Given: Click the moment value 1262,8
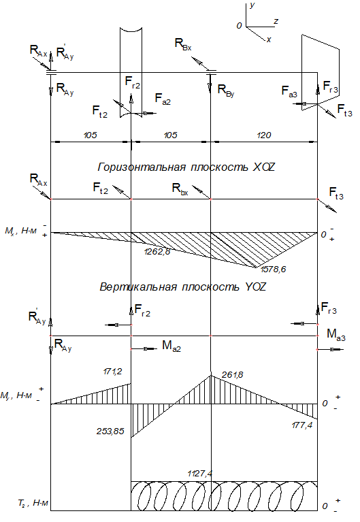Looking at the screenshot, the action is tap(157, 252).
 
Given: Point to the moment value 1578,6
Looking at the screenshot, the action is tap(273, 270).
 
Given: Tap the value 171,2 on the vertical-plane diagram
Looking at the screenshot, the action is tap(112, 372).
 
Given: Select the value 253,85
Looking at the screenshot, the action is tap(110, 431).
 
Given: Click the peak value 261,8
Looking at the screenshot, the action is tap(233, 375).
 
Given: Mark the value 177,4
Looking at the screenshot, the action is tap(302, 425).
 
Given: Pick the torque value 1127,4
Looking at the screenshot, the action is tap(200, 474).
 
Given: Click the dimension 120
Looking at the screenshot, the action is tap(264, 135).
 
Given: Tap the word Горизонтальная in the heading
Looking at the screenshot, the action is tap(142, 167).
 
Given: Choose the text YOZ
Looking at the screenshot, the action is tap(255, 287).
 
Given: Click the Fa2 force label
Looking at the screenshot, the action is tap(163, 99).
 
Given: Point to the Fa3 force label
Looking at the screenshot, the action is tap(289, 91).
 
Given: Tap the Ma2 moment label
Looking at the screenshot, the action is tap(171, 346).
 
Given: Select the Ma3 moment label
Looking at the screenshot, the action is tap(336, 334).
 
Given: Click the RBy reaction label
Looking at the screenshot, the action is tap(226, 90).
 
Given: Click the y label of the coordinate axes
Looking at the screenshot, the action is tap(252, 5).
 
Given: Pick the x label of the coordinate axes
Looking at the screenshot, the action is tap(269, 39).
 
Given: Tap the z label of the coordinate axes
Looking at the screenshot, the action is tap(276, 21).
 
